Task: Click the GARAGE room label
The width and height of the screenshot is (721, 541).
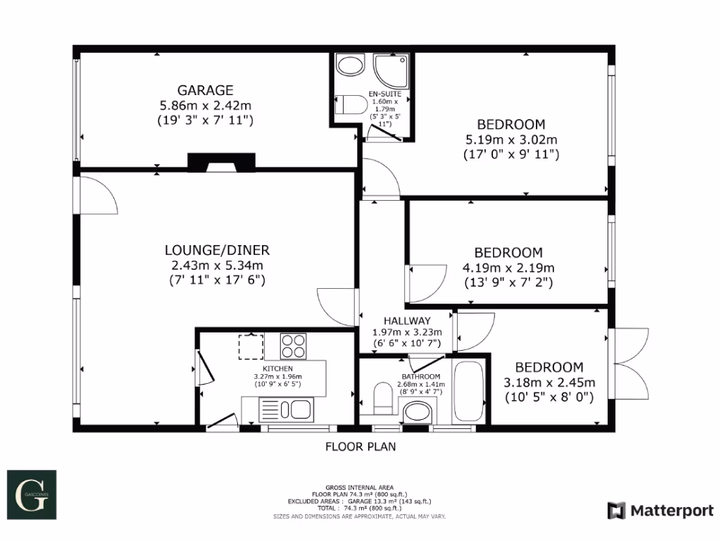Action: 205,90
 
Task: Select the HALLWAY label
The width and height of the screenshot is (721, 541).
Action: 406,320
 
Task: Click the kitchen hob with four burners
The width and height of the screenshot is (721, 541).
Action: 294,345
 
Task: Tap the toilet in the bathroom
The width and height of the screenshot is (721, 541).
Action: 382,398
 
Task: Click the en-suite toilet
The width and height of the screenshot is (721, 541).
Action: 353,106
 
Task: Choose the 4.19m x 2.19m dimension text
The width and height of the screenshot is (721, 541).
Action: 508,268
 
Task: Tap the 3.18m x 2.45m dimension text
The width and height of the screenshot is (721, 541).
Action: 549,383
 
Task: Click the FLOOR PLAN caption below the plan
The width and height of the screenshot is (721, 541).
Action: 360,446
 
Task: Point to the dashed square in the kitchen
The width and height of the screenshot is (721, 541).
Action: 251,347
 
